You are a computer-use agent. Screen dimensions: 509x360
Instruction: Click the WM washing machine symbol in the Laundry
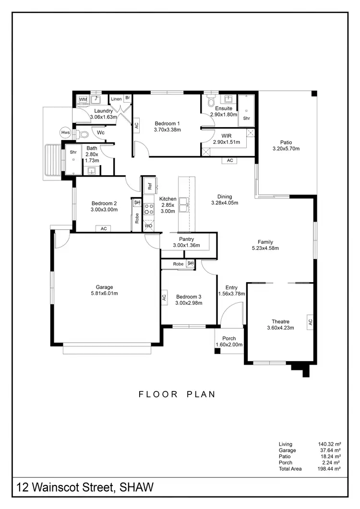(x=83, y=99)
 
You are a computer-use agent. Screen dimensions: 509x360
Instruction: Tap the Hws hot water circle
(x=65, y=133)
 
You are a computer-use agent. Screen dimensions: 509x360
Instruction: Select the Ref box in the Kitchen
(x=149, y=185)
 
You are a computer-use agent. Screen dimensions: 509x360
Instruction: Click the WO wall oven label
(x=148, y=225)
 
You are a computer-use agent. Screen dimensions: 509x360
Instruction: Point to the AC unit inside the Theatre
(x=310, y=321)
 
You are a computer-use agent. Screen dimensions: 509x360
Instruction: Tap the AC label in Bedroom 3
(x=164, y=297)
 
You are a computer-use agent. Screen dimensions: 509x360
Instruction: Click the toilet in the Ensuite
(x=210, y=101)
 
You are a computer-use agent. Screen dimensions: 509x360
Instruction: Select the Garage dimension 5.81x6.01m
(x=104, y=294)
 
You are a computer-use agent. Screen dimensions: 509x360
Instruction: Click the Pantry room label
(x=186, y=239)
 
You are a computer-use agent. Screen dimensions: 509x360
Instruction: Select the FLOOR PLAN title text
(x=177, y=394)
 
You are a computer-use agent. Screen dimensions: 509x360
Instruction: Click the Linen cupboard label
(x=116, y=99)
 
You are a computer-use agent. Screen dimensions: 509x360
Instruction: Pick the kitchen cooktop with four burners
(x=149, y=208)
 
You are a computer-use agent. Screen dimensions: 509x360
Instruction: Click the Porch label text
(x=229, y=338)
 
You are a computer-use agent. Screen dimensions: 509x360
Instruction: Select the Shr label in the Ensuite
(x=247, y=118)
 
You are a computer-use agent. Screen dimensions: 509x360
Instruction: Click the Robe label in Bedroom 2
(x=137, y=218)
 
